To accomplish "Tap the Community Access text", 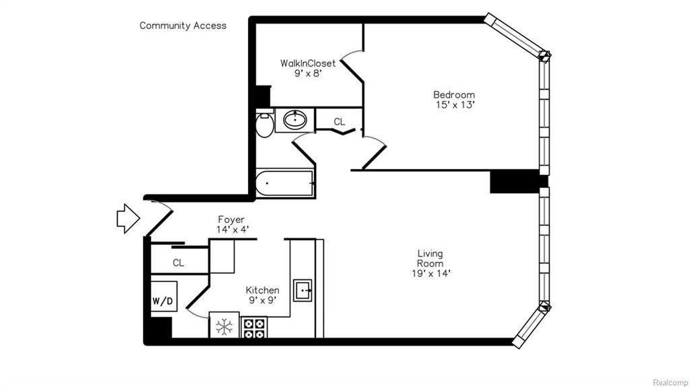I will [x=183, y=26].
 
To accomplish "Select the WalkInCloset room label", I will [x=308, y=63].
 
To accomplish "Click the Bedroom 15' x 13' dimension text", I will [x=454, y=105].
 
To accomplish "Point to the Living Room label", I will [x=429, y=258].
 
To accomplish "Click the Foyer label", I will [x=230, y=219].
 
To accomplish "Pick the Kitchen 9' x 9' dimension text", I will [x=262, y=300].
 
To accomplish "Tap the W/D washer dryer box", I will [x=163, y=301].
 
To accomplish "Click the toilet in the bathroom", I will [x=264, y=125].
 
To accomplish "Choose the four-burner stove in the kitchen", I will [x=255, y=328].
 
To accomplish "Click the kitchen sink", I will [x=303, y=291].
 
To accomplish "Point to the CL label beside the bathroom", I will [x=339, y=122].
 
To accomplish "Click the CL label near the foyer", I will [x=178, y=263].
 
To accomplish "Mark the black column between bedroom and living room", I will [x=515, y=182].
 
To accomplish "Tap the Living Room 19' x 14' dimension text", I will [x=429, y=273].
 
